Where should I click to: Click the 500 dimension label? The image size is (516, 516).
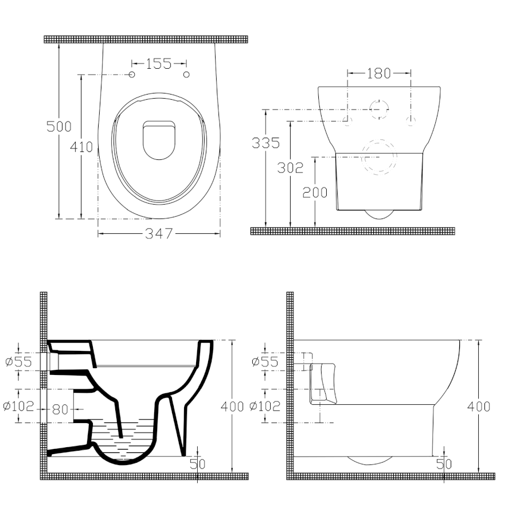click(59, 127)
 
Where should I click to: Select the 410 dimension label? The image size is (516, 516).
click(81, 147)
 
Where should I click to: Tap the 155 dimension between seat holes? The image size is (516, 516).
click(159, 64)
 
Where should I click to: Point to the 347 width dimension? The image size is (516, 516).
click(159, 233)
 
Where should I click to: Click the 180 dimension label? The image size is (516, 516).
click(379, 73)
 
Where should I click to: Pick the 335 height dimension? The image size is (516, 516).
click(265, 143)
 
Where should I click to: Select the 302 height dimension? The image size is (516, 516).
click(290, 168)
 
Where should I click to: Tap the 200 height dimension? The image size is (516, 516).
click(315, 193)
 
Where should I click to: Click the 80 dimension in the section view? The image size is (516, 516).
click(60, 410)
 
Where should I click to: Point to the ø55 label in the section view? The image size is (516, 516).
click(19, 362)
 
